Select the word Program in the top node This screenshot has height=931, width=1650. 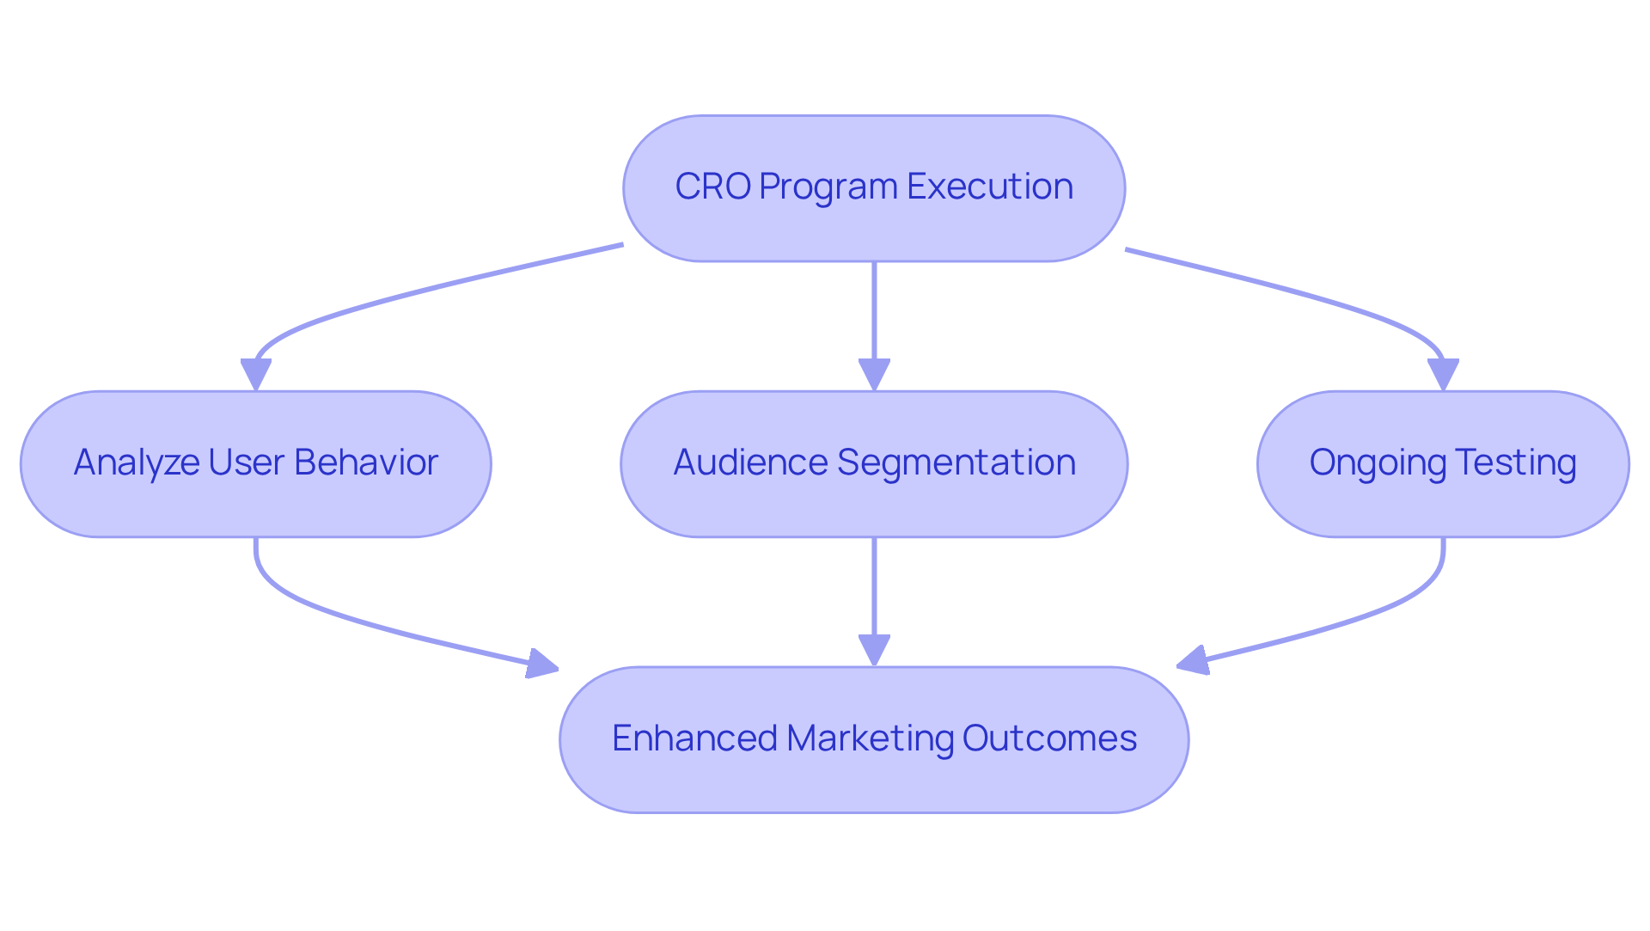(828, 187)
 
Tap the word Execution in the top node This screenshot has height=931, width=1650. (989, 187)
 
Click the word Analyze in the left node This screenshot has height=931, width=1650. (136, 462)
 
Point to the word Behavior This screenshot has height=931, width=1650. (366, 462)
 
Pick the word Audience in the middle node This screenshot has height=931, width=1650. (750, 462)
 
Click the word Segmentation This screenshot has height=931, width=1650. (956, 462)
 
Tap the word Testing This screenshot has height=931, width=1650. (1515, 462)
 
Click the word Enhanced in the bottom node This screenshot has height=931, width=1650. (694, 738)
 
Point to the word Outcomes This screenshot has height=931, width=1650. (1049, 738)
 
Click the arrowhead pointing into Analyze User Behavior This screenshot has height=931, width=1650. (256, 375)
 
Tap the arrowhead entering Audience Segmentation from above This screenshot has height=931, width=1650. (874, 375)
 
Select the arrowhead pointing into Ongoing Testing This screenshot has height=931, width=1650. (1443, 375)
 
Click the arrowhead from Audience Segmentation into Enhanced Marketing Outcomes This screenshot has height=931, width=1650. (874, 651)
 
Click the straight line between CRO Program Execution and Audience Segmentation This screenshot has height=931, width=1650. (874, 309)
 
